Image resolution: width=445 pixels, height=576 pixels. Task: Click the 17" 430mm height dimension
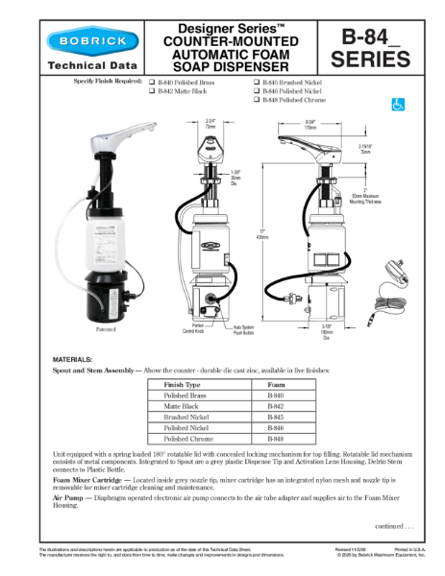(x=262, y=234)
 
